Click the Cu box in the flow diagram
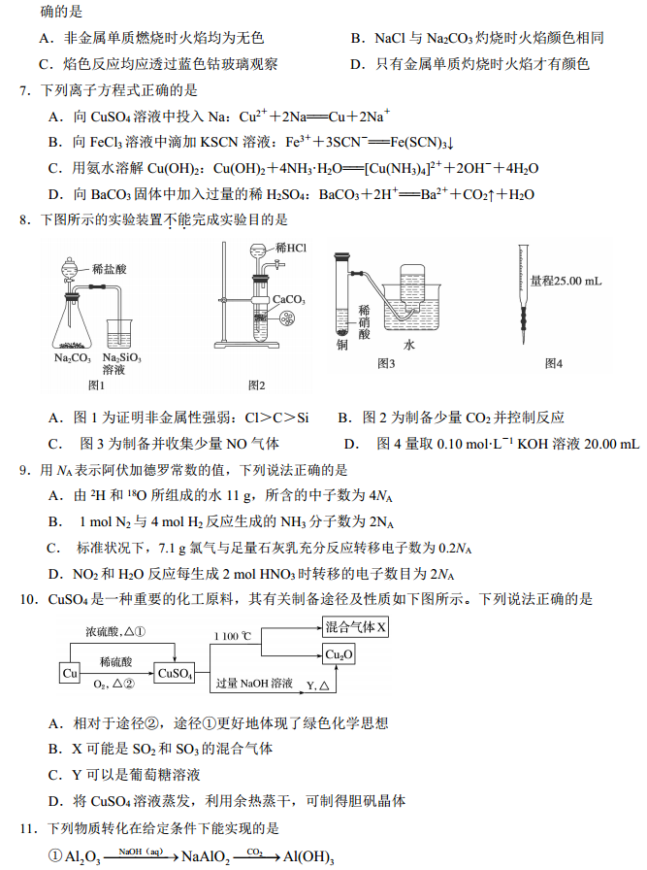(x=70, y=673)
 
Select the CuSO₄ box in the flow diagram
(x=175, y=673)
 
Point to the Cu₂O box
(x=339, y=655)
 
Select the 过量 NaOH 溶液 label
(x=254, y=684)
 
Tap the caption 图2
(x=256, y=385)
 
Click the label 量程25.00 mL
(x=566, y=281)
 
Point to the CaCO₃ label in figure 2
(x=289, y=300)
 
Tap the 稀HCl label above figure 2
(x=290, y=249)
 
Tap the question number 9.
(x=26, y=471)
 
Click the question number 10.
(x=28, y=599)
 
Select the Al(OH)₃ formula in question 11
(x=308, y=857)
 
